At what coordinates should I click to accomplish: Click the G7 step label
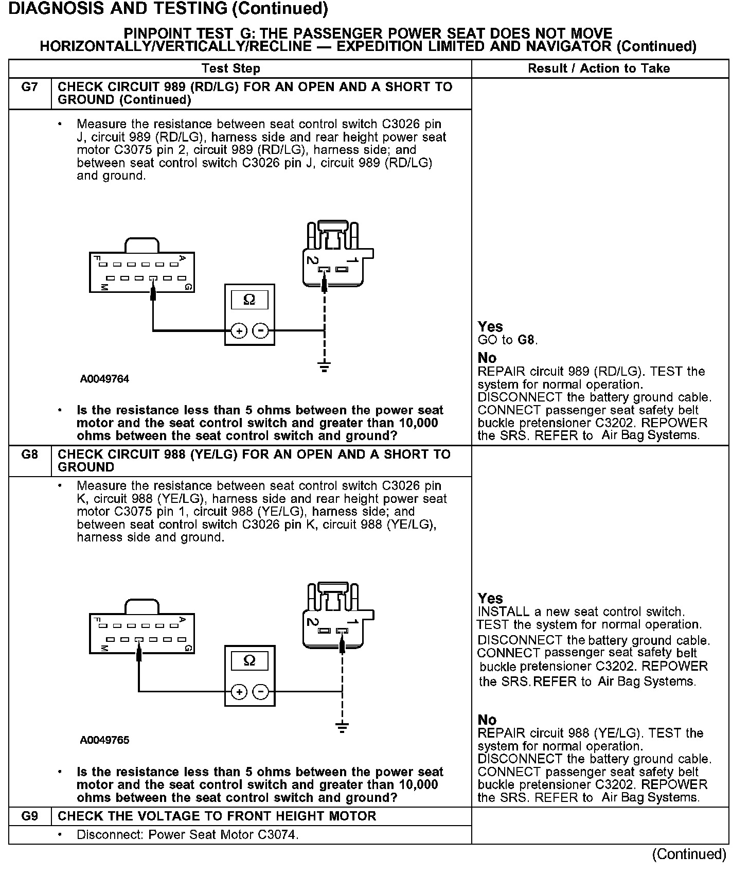(x=30, y=87)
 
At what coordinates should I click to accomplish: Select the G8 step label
(x=30, y=455)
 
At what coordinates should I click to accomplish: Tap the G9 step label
(x=30, y=816)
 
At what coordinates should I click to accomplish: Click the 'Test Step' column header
(x=231, y=68)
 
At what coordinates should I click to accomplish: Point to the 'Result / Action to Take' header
(x=599, y=68)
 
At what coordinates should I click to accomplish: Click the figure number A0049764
(x=104, y=379)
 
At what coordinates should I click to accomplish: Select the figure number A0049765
(x=104, y=741)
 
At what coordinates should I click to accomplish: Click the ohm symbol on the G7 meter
(x=249, y=300)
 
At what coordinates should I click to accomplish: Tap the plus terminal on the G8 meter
(x=239, y=692)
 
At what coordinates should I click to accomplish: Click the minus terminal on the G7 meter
(x=261, y=331)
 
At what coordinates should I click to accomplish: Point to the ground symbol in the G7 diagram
(x=324, y=366)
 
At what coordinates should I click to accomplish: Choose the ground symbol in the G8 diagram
(x=342, y=727)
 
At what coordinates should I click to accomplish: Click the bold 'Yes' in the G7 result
(x=490, y=327)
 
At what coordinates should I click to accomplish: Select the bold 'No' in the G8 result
(x=487, y=720)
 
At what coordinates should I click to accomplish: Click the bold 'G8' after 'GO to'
(x=526, y=340)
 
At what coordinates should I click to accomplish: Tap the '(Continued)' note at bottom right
(x=689, y=854)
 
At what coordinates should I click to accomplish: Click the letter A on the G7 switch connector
(x=182, y=257)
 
